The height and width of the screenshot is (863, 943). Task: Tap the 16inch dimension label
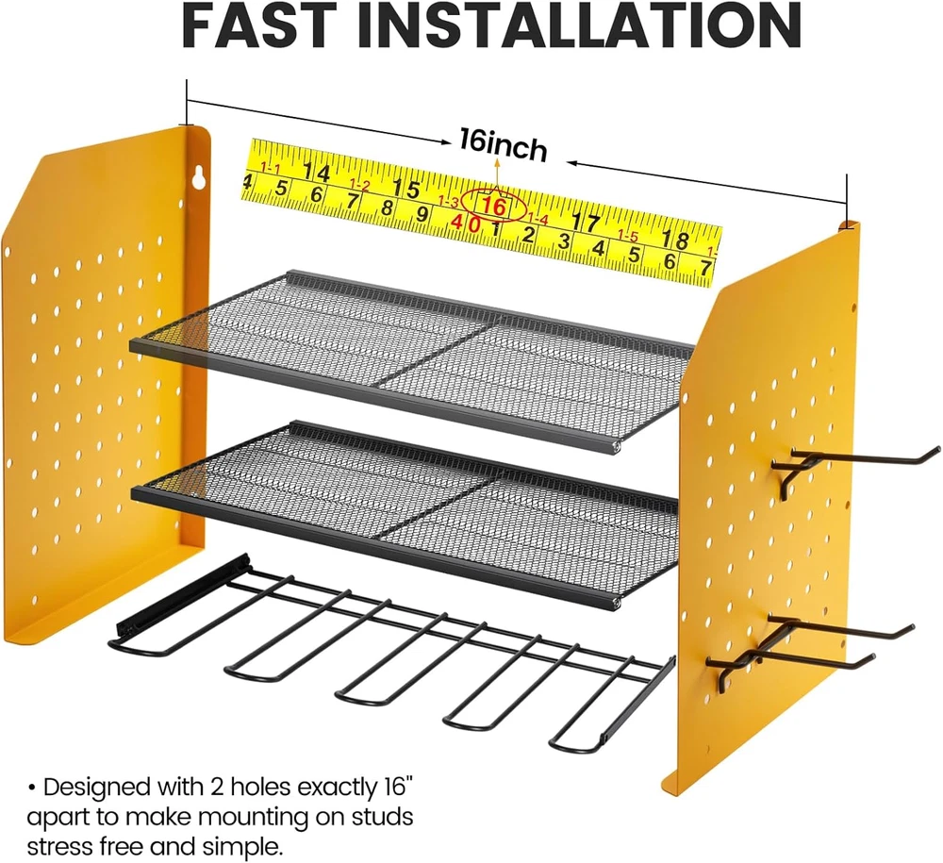tap(504, 145)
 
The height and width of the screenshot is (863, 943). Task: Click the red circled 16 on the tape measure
tap(495, 206)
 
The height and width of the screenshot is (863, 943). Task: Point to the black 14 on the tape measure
tap(316, 174)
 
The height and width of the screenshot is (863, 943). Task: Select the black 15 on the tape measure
tap(406, 189)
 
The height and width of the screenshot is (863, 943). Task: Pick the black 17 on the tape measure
tap(586, 223)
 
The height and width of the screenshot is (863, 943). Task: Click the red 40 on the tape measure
tap(466, 222)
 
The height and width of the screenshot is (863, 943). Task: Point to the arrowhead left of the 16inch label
tap(446, 142)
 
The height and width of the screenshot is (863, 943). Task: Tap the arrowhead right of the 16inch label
tap(572, 162)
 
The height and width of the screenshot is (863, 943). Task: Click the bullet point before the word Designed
tap(31, 787)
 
